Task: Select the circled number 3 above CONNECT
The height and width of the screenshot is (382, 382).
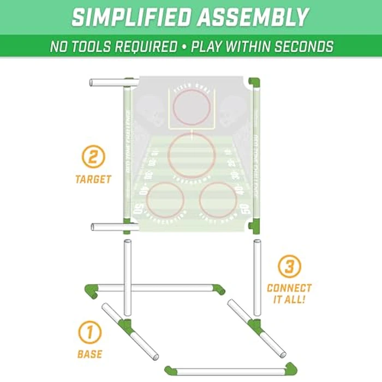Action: coord(289,267)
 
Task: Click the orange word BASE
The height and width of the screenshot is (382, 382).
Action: coord(89,354)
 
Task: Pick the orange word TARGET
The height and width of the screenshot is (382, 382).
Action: coord(93,179)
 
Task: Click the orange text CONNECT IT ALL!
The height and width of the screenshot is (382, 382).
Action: coord(289,293)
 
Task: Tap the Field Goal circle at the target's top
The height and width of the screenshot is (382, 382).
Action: coord(191,107)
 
